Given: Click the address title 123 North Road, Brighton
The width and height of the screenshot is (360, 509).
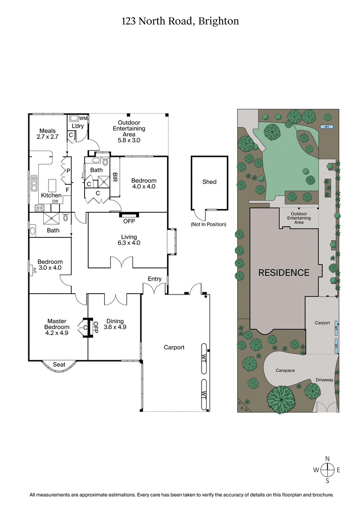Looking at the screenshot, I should [x=180, y=21].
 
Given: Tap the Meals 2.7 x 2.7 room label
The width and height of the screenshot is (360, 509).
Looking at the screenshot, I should [x=46, y=134].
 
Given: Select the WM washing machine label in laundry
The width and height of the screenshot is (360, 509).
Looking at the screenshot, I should [x=83, y=118].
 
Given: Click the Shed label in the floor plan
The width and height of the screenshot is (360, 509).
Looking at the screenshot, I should [x=209, y=182].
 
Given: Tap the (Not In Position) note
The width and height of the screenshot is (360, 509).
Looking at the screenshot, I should [x=209, y=224].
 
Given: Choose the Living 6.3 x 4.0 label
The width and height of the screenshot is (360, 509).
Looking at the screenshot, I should [x=128, y=240].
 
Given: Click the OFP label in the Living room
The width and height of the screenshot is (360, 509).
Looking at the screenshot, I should [x=129, y=221].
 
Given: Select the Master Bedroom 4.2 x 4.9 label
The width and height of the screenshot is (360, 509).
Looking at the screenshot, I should [x=56, y=324].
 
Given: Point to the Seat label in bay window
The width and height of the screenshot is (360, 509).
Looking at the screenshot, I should [x=59, y=364].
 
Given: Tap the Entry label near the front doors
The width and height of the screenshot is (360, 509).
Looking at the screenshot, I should [x=154, y=279].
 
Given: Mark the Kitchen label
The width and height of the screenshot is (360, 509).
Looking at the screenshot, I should [x=51, y=196].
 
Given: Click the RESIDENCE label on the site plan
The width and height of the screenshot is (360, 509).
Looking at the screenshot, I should [x=283, y=272].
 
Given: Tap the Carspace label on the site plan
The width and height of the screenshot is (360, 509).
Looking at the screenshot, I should [x=285, y=371].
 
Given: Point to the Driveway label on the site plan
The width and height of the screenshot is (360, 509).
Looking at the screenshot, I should [x=324, y=380].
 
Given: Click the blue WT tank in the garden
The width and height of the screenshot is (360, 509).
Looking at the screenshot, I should [x=327, y=127].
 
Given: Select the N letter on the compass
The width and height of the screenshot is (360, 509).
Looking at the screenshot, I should [x=328, y=459].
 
